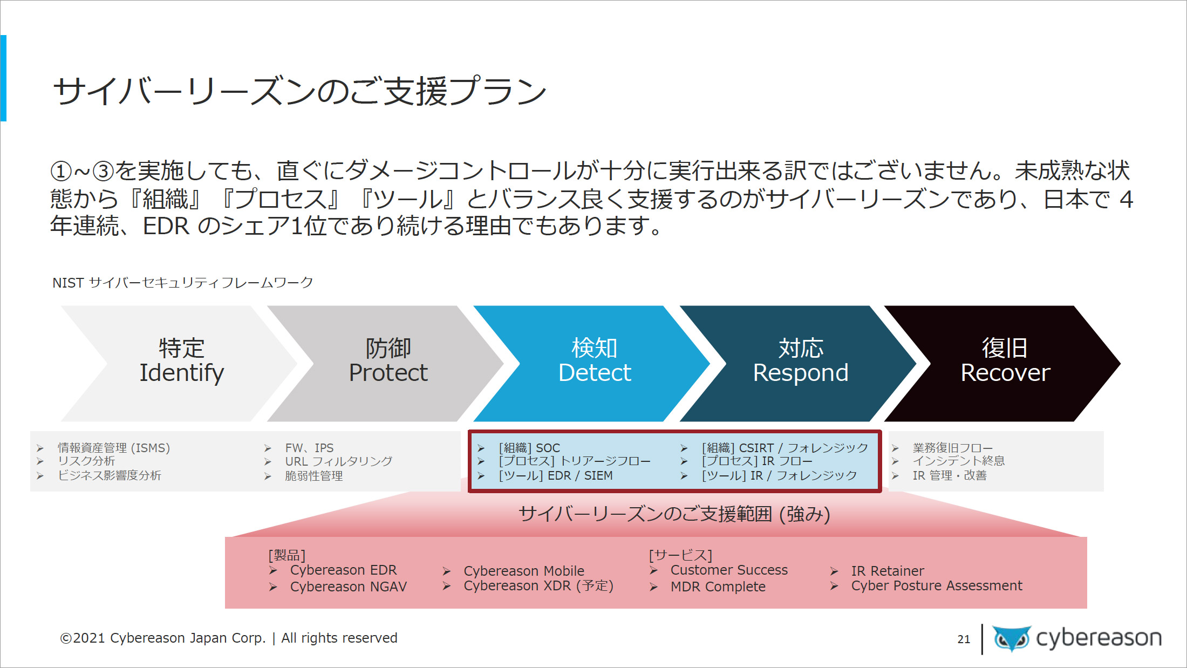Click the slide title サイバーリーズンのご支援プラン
tap(300, 91)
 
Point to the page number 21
tap(964, 639)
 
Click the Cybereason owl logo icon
tap(1012, 638)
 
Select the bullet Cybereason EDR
tap(343, 570)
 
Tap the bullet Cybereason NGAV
tap(349, 587)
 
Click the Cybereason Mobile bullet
tap(524, 571)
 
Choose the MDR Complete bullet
tap(718, 587)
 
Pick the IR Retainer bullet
tap(888, 571)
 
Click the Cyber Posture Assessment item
tap(937, 586)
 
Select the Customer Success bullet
tap(729, 570)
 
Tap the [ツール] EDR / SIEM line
tap(556, 476)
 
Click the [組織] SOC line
tap(529, 448)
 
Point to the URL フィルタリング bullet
tap(339, 462)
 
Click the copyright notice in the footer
tap(229, 638)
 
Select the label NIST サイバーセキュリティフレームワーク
tap(182, 283)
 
